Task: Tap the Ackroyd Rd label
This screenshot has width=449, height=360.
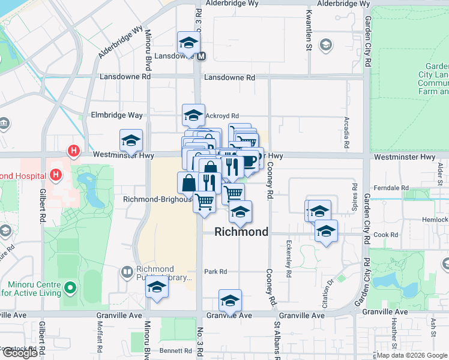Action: [x=222, y=116]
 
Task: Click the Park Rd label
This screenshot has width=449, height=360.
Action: [x=215, y=272]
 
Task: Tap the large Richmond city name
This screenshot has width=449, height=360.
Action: [x=241, y=232]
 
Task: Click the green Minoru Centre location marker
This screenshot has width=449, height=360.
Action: [x=70, y=288]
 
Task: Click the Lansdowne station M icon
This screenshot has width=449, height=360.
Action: [x=201, y=56]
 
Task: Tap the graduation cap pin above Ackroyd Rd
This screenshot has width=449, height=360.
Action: [x=193, y=114]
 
